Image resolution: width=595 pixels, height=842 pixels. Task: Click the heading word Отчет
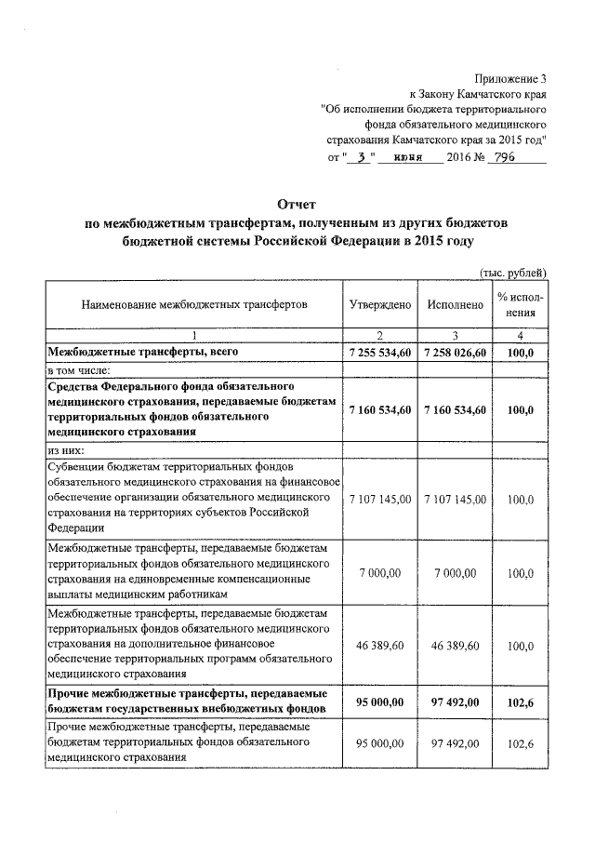pos(297,204)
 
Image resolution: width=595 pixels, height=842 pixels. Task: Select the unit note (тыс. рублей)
pos(512,272)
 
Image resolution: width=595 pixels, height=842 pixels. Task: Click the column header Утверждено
pos(379,304)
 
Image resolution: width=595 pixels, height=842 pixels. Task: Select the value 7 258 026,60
pos(455,353)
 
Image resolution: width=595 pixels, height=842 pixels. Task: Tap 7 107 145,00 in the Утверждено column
pos(379,500)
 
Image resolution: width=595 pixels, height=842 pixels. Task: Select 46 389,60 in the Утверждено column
pos(379,645)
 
